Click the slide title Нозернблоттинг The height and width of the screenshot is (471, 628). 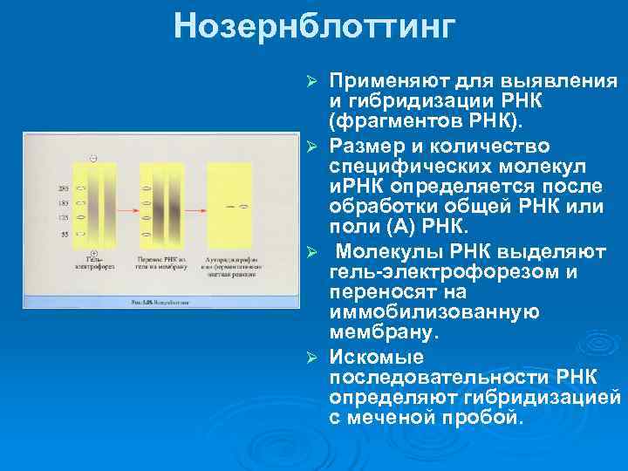314,26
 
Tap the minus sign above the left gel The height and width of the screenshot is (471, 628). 93,158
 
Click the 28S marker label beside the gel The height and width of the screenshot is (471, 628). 64,188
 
